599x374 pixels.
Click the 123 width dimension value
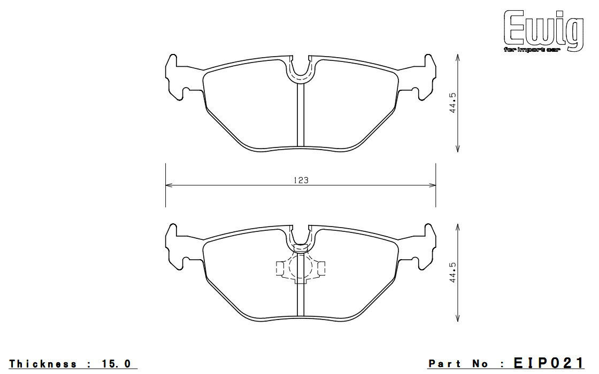click(301, 180)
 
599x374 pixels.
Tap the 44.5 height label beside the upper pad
click(453, 103)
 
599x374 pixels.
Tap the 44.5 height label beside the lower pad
click(453, 272)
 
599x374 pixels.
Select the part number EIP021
click(549, 363)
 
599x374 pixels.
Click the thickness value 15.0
click(116, 364)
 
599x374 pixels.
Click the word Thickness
click(43, 364)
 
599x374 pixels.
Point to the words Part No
click(458, 364)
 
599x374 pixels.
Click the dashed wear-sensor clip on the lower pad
click(301, 268)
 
